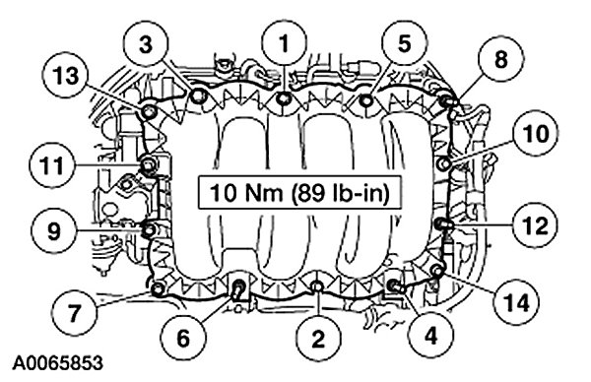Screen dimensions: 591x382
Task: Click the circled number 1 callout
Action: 285,43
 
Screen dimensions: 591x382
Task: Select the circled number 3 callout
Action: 146,44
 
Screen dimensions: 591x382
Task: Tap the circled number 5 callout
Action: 404,43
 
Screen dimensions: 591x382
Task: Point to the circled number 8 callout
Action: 500,59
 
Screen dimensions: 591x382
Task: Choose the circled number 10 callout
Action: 536,133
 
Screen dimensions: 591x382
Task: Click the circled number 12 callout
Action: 536,225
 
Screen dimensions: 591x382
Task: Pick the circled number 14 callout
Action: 516,302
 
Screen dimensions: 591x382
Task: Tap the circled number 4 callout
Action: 431,335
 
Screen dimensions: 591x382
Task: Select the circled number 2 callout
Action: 318,339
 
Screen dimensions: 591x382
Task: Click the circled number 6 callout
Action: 183,338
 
